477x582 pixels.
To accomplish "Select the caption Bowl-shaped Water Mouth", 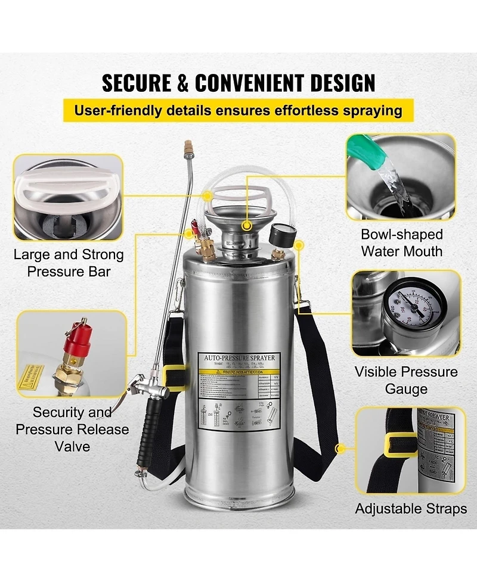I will (x=401, y=242).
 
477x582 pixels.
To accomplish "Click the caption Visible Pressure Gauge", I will (x=406, y=380).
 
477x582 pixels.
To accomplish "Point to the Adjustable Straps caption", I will (x=411, y=509).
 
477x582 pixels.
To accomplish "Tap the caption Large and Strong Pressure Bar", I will (x=69, y=263).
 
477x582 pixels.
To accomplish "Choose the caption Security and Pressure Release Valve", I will (x=72, y=429).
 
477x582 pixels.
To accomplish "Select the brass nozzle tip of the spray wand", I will (x=188, y=146).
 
